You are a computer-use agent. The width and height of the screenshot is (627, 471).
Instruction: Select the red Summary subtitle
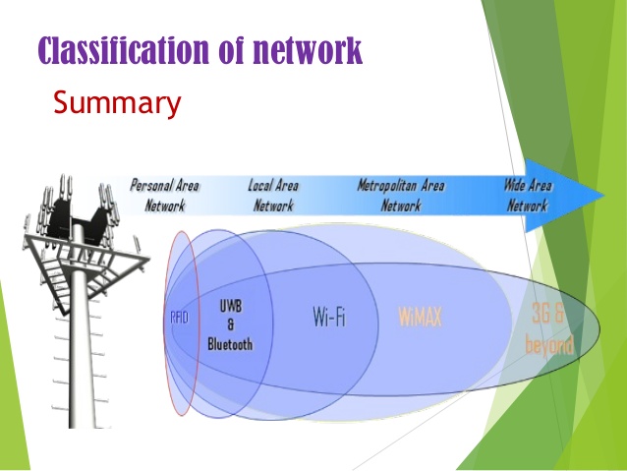click(x=116, y=102)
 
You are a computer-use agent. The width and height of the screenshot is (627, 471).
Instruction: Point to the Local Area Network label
click(x=273, y=195)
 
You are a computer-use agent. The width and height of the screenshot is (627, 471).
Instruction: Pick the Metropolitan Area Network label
click(x=401, y=195)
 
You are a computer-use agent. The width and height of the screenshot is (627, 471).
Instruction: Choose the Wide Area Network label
click(x=527, y=195)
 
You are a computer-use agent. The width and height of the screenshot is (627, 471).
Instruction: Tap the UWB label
click(x=230, y=306)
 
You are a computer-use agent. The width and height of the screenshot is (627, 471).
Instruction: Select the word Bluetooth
click(x=230, y=344)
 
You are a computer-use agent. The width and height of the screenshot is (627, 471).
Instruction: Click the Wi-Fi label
click(x=329, y=318)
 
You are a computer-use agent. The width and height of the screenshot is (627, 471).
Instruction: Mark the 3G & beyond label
click(x=548, y=329)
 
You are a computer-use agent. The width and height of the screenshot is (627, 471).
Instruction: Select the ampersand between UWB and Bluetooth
click(x=230, y=324)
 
